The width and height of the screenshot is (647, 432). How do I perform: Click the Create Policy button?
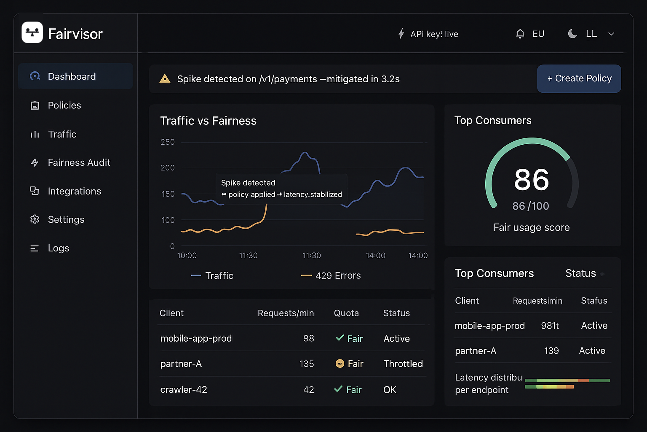tap(579, 78)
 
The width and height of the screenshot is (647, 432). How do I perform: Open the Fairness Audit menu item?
tap(79, 162)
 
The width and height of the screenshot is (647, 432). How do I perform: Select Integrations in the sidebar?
tap(74, 191)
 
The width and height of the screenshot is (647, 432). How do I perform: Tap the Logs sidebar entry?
tap(58, 248)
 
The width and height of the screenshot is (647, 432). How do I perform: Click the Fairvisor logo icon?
tap(32, 32)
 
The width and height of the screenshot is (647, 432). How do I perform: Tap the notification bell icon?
tap(520, 34)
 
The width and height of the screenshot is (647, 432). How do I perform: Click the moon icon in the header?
tap(572, 34)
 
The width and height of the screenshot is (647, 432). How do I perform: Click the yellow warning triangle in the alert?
tap(165, 79)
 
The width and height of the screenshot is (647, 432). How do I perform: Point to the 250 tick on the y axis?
tap(168, 142)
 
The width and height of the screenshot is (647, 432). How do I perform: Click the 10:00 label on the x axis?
tap(187, 256)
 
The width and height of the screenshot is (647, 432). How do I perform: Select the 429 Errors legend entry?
tap(337, 275)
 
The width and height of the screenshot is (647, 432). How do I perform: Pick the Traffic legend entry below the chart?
tap(219, 275)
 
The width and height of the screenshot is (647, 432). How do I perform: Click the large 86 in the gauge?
tap(532, 180)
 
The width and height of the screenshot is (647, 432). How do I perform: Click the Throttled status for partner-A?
tap(403, 364)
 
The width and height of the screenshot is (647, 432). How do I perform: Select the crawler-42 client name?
tap(184, 389)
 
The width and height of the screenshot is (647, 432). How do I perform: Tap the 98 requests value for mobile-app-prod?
tap(308, 338)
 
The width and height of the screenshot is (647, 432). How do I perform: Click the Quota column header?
tap(346, 313)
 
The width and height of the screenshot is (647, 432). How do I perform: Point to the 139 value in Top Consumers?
tap(551, 351)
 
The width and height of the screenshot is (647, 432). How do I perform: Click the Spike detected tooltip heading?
tap(248, 183)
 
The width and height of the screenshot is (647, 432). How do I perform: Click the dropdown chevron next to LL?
tap(611, 34)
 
